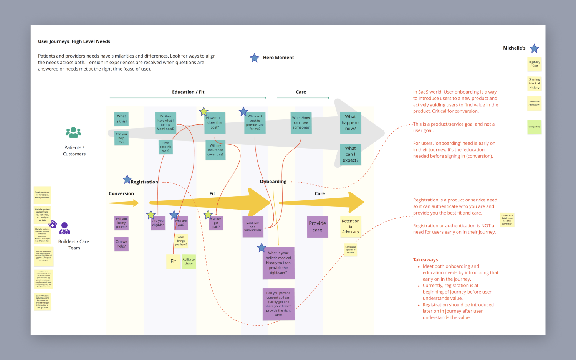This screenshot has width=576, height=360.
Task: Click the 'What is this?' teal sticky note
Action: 121,119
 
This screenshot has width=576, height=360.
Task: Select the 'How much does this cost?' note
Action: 215,123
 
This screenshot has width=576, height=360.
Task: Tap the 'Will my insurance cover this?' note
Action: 215,150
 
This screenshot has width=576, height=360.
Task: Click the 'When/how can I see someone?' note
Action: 301,123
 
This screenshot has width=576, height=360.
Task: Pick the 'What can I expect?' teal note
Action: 350,154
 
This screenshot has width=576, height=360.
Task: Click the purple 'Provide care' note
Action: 317,226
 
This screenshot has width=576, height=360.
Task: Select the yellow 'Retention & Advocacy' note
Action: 351,226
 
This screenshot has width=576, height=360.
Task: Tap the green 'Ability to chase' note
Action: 189,261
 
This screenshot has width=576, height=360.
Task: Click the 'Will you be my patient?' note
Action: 121,223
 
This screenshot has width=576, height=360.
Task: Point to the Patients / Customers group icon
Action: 73,132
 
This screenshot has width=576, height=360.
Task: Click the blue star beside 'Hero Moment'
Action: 254,58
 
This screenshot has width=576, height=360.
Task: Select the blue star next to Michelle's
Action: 534,48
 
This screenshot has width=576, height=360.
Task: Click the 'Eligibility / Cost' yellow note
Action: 534,64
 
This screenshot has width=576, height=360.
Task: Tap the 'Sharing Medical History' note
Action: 534,83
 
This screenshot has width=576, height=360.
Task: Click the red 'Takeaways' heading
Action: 425,260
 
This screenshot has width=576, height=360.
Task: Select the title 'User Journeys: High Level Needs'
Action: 74,41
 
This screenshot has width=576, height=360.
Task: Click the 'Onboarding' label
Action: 273,182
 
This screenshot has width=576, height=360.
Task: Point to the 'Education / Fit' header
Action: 188,92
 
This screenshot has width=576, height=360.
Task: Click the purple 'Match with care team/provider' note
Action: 253,226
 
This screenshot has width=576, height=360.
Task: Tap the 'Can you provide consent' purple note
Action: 278,304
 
